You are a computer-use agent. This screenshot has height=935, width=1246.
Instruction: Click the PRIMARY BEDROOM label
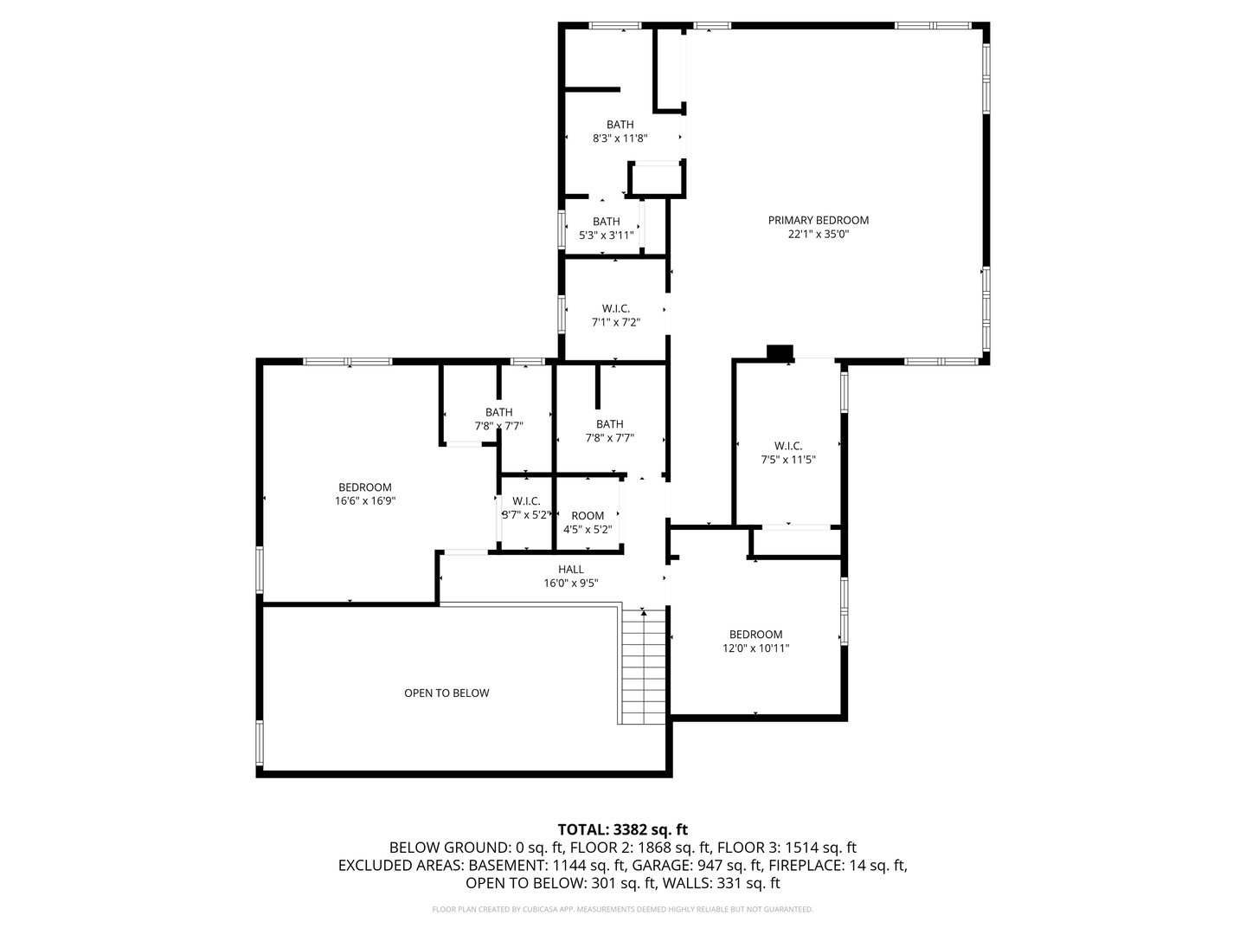click(818, 220)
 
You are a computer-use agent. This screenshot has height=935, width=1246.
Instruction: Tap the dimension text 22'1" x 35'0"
click(818, 234)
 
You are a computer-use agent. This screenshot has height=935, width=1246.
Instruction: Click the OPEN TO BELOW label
click(446, 693)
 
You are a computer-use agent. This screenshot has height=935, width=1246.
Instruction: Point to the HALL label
click(570, 569)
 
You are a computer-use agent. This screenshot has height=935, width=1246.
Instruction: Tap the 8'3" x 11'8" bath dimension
click(620, 139)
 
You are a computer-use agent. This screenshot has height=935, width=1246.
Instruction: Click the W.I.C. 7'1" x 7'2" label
click(615, 315)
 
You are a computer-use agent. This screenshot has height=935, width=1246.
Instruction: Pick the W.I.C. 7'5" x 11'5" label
click(787, 453)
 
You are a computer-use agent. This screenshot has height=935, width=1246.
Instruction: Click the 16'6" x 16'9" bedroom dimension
click(364, 500)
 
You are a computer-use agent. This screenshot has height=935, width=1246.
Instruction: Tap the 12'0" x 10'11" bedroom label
click(755, 641)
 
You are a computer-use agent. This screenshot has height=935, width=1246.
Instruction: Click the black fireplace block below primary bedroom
click(780, 351)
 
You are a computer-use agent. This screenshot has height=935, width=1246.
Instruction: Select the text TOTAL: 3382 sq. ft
click(623, 829)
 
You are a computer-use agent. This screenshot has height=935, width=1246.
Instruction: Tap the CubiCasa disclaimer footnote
click(623, 909)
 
